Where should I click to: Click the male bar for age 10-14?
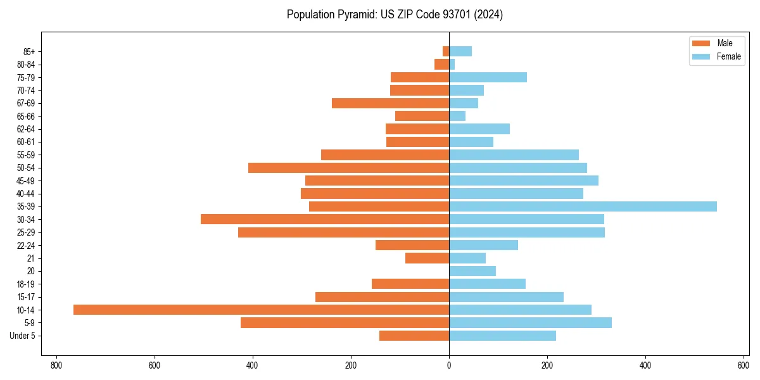click(261, 310)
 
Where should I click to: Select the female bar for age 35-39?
click(583, 206)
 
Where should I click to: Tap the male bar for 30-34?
click(325, 219)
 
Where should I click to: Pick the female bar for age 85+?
click(460, 51)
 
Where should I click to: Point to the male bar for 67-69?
click(390, 103)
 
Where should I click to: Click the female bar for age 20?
click(472, 271)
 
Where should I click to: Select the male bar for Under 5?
click(414, 336)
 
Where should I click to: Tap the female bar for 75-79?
click(488, 77)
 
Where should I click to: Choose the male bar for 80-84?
click(442, 64)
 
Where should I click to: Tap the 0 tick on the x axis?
click(449, 365)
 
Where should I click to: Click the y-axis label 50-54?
click(27, 168)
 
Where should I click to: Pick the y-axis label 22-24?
click(27, 245)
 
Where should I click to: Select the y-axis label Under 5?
click(23, 336)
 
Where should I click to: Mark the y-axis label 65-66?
click(27, 116)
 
